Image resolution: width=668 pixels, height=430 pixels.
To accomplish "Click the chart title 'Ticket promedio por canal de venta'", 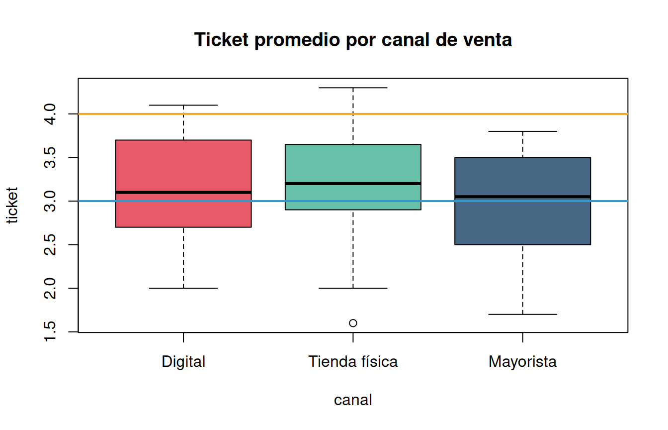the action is (x=353, y=40).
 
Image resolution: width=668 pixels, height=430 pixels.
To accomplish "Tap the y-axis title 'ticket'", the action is (x=12, y=205).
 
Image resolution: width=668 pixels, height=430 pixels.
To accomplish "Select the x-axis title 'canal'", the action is (x=353, y=400).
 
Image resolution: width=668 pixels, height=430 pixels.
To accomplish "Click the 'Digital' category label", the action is (x=183, y=362).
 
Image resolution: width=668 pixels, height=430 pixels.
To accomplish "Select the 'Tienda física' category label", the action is (x=353, y=361).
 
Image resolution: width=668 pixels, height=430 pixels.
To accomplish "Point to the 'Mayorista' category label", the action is (x=522, y=362).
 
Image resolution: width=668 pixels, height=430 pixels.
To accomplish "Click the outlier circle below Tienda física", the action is (x=353, y=323).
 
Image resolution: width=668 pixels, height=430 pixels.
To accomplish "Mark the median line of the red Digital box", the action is (x=183, y=192).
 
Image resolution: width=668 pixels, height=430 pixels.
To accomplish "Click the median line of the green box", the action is (x=353, y=184).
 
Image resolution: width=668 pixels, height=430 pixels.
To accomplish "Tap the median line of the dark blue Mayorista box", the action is (x=522, y=197).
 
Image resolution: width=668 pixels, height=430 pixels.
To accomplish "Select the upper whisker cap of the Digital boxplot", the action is (x=183, y=105).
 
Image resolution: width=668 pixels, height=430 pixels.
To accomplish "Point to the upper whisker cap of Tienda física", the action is (x=353, y=88).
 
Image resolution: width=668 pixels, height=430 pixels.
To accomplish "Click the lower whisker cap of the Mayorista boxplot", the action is (x=522, y=315).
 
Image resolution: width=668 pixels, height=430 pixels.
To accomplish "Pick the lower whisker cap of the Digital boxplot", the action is (x=183, y=288).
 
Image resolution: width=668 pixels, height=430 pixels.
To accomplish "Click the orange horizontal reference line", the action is (x=353, y=114).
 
